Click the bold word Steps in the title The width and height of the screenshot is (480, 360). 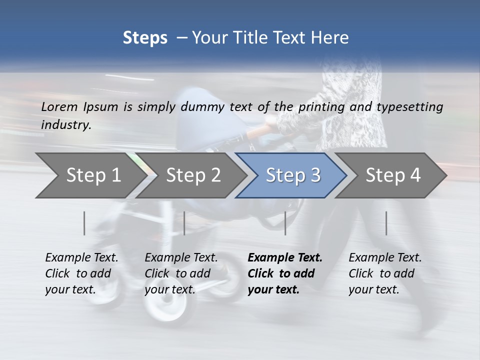click(145, 37)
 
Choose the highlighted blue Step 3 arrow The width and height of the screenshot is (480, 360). click(293, 175)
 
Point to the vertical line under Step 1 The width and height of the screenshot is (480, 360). click(84, 223)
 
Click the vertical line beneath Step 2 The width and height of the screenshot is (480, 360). click(184, 223)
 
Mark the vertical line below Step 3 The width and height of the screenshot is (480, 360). click(285, 223)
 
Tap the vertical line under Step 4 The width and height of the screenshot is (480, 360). click(386, 223)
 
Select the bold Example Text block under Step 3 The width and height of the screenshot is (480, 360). click(285, 273)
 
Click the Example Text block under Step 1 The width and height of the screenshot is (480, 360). click(82, 273)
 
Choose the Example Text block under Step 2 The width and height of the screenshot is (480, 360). click(181, 273)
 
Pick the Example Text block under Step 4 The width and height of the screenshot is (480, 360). click(385, 273)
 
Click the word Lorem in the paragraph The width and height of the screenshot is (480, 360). click(59, 106)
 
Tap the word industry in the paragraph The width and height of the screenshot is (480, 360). click(66, 124)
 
